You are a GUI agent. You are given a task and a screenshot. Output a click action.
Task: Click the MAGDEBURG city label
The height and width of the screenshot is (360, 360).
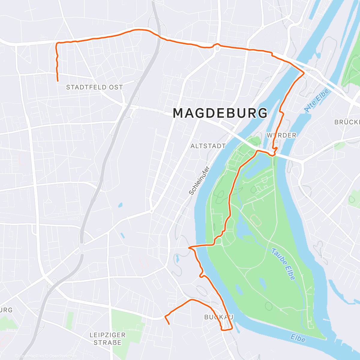220,113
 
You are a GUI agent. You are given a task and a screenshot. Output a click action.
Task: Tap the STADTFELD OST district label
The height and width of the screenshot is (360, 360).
94,87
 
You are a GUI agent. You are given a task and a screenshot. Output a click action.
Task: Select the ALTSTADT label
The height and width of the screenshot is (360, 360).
208,146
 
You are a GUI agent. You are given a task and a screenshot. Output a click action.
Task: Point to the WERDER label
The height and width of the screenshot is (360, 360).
281,135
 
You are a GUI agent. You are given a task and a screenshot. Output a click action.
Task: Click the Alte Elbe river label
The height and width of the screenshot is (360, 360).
316,100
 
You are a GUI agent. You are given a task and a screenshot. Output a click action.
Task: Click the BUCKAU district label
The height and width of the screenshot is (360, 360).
219,317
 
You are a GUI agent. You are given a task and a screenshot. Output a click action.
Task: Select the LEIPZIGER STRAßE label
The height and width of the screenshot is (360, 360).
107,339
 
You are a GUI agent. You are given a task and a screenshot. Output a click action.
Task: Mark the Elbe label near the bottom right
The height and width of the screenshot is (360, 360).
298,338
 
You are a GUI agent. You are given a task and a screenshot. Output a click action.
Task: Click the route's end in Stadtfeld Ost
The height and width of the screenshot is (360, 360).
58,81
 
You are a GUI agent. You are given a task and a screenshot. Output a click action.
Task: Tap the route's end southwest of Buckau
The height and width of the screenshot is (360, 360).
169,324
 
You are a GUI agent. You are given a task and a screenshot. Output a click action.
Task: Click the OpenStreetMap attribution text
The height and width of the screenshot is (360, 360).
63,356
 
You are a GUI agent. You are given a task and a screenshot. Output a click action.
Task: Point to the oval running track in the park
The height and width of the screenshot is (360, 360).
255,220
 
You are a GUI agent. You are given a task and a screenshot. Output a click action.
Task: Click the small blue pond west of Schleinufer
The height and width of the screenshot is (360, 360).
120,205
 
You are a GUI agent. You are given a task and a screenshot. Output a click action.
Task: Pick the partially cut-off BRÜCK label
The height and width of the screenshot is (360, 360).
347,122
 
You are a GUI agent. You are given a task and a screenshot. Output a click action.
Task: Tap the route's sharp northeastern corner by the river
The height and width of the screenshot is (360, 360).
304,73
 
